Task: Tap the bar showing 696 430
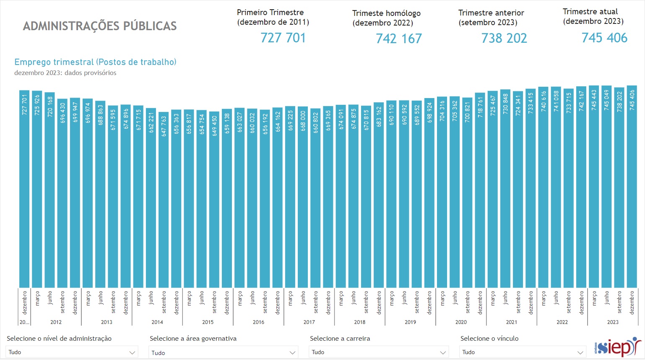tap(62, 193)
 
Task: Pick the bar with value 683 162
tap(379, 195)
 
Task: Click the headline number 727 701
tap(283, 38)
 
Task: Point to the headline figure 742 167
tap(399, 39)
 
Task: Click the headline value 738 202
tap(504, 39)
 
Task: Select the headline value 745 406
tap(604, 38)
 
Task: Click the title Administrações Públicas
tap(100, 26)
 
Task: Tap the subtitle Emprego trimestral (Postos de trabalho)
tap(95, 62)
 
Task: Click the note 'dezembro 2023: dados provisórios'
tap(65, 73)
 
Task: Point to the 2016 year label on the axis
tap(258, 322)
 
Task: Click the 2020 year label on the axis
tap(461, 322)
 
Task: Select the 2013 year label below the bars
tap(107, 322)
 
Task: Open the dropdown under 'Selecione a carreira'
tap(379, 352)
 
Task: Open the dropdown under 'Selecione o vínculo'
tap(523, 352)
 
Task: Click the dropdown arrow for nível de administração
tap(132, 352)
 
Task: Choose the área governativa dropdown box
tap(223, 352)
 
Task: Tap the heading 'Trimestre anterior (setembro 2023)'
tap(491, 18)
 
